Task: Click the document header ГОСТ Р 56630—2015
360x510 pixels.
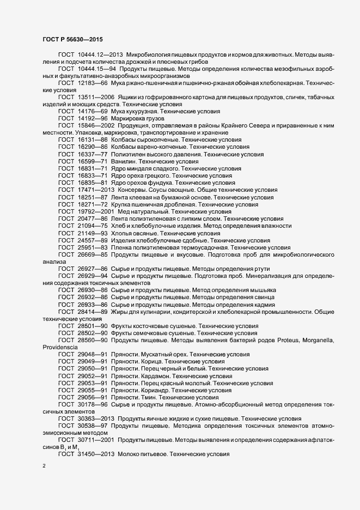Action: (x=71, y=39)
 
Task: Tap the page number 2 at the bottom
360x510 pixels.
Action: (x=44, y=466)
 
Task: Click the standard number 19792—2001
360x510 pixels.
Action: (x=96, y=211)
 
